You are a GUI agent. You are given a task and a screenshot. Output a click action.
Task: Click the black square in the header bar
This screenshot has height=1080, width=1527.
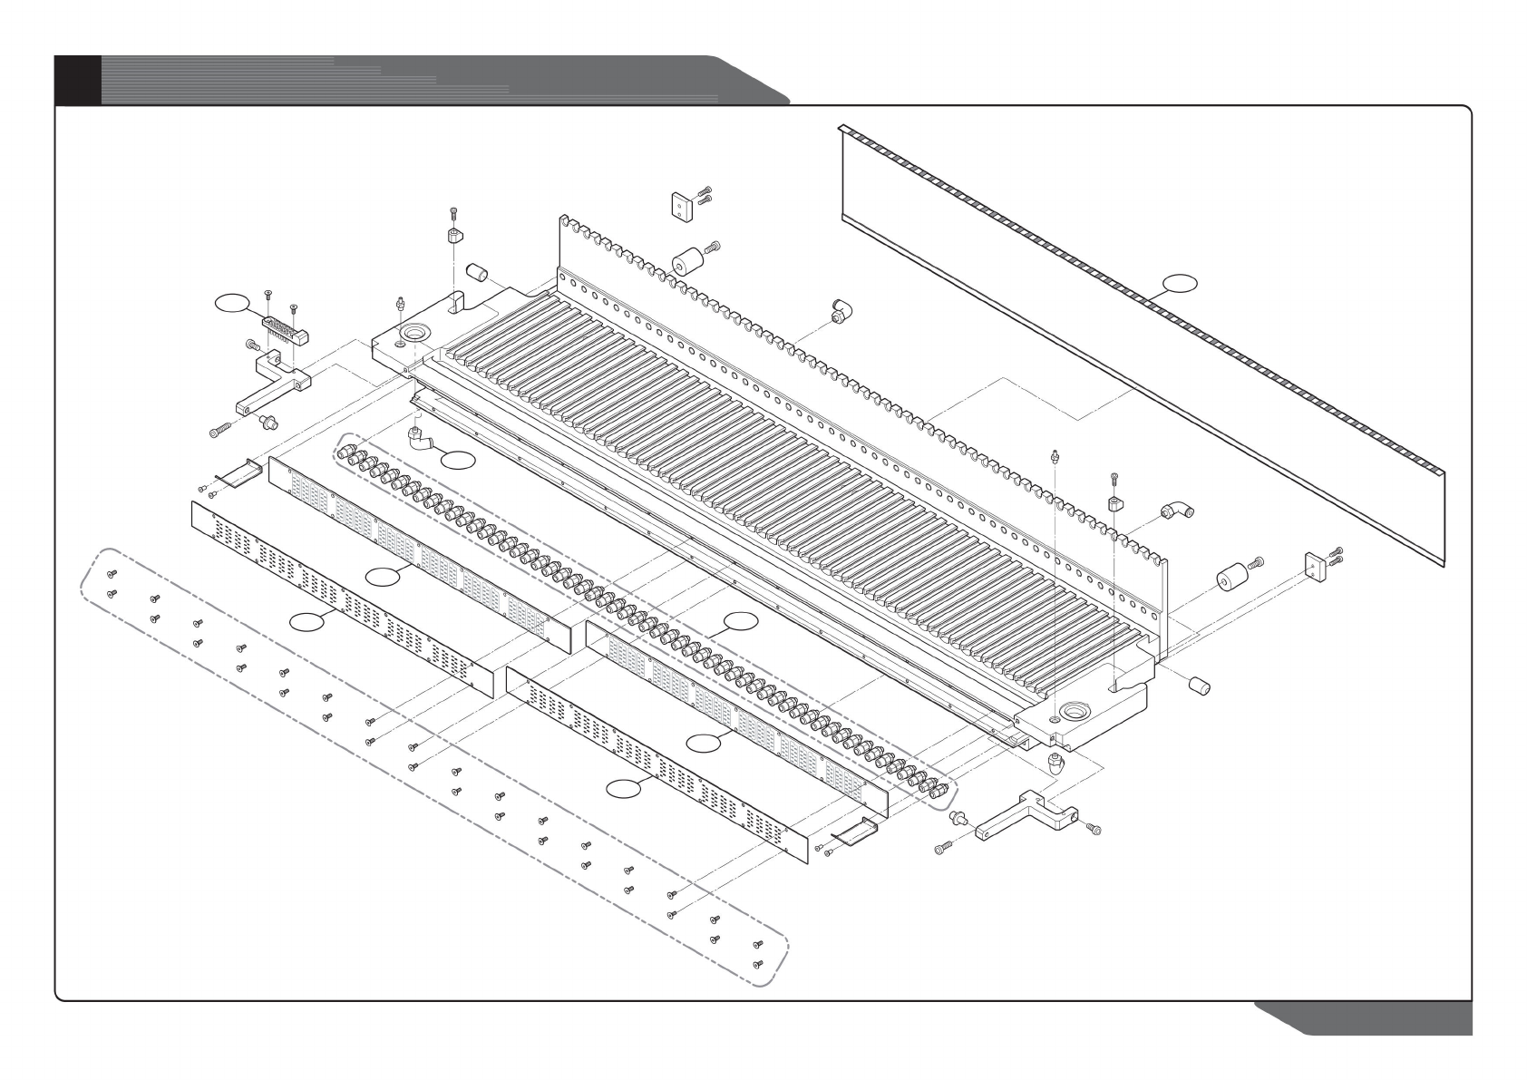(77, 80)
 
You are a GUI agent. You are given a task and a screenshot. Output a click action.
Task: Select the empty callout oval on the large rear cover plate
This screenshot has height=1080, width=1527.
(1179, 283)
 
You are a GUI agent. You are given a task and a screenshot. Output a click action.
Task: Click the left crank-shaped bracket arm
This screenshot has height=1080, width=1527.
(269, 386)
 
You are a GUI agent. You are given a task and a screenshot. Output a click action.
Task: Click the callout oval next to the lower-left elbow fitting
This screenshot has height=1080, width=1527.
(458, 460)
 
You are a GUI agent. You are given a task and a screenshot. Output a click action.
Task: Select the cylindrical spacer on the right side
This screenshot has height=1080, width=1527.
(1230, 578)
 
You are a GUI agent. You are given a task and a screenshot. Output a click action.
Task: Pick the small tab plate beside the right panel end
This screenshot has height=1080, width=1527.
(858, 830)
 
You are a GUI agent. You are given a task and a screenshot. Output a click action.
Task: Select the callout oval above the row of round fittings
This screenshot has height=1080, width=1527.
(741, 620)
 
